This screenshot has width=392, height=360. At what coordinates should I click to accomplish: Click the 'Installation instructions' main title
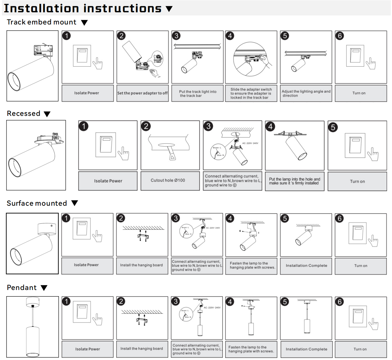coord(82,8)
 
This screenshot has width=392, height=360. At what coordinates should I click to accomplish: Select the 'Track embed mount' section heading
coord(42,22)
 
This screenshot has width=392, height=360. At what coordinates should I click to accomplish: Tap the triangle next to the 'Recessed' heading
coord(47,114)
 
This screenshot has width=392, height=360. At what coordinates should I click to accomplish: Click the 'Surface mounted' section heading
coord(37,203)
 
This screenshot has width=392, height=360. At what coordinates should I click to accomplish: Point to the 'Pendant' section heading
coord(22,288)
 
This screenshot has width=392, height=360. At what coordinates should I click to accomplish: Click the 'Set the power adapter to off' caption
coord(142,93)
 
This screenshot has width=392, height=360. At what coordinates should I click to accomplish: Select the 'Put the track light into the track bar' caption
coord(198,94)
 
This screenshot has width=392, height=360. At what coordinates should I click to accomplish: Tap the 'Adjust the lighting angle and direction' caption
coord(306,93)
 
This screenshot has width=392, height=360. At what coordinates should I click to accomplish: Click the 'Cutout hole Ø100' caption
coord(168,180)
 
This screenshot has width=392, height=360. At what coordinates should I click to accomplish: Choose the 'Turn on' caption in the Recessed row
coord(357,182)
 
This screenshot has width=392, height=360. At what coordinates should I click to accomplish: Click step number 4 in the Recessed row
coord(270,126)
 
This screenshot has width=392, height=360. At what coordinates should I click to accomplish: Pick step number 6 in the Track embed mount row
coord(340,36)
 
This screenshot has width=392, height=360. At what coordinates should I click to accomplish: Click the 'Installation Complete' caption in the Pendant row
coord(306,349)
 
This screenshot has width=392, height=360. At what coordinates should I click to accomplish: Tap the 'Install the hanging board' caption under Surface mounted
coord(141,265)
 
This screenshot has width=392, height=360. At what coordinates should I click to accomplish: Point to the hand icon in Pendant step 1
coord(97,319)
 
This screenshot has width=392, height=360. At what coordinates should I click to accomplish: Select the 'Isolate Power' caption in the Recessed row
coord(108,181)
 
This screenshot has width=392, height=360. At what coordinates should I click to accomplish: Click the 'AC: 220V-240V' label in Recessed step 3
coord(250,143)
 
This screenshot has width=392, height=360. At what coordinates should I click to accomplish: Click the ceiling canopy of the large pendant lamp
coord(33,301)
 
